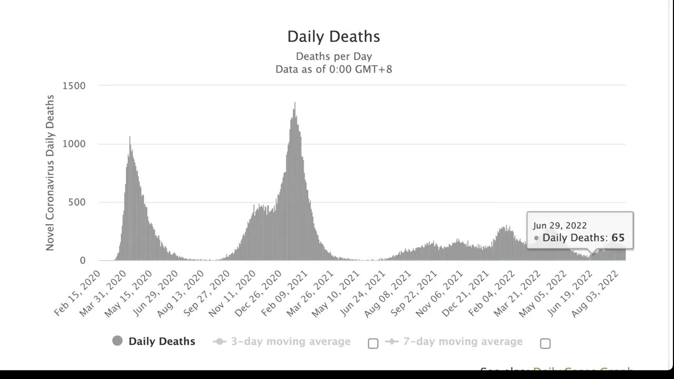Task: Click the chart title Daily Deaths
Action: (x=333, y=37)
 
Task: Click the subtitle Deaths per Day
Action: (x=333, y=56)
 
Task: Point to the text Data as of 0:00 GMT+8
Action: (x=333, y=69)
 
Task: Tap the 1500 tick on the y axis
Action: (x=74, y=86)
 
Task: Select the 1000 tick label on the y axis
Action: (x=74, y=144)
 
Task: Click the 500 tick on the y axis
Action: (x=77, y=203)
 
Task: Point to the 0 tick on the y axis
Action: (x=83, y=261)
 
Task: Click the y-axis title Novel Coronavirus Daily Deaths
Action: (x=50, y=173)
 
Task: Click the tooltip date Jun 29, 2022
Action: (x=560, y=226)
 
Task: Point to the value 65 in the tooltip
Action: (x=618, y=238)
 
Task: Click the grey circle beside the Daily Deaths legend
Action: (x=117, y=341)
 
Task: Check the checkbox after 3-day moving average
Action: (x=373, y=344)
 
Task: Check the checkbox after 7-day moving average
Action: (x=546, y=344)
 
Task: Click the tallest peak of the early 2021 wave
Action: (x=295, y=104)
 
